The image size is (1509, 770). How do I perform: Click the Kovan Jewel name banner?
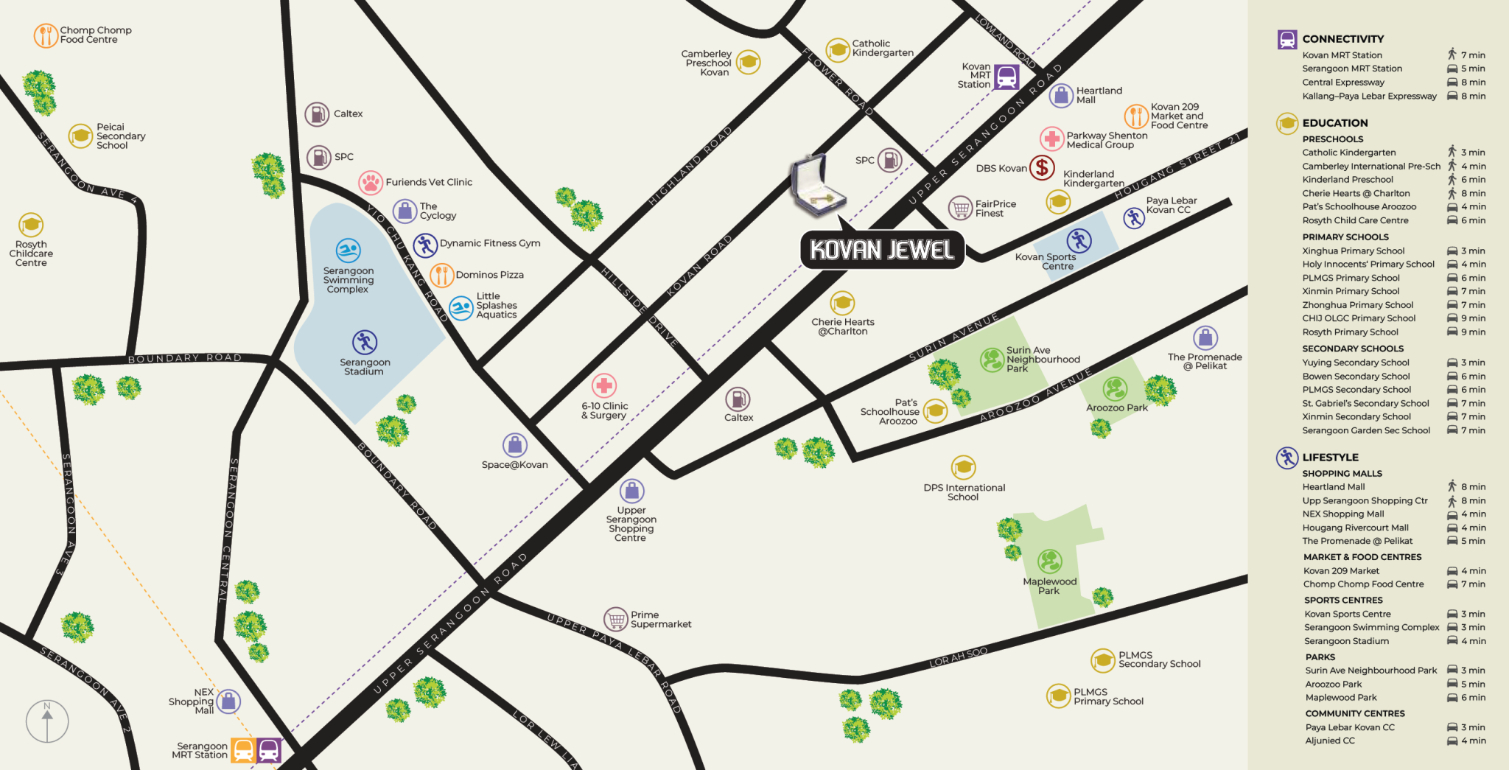coord(882,250)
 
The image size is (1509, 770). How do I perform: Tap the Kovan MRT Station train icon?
coord(1006,77)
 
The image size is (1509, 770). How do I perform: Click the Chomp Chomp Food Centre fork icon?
coord(46,35)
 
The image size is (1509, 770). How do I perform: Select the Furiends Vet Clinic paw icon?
coord(371,182)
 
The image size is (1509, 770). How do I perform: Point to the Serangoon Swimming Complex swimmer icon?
coord(348,251)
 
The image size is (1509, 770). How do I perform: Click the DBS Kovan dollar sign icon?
coord(1042,168)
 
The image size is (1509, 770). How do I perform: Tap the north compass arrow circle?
coord(47,721)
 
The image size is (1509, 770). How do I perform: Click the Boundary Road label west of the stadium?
coord(185,358)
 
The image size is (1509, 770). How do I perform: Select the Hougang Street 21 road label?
coord(1177,167)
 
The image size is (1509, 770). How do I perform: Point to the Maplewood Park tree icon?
coord(1049,561)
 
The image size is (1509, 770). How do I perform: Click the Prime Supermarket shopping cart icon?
coord(616,619)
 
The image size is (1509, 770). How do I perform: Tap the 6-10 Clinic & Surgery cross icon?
coord(604,385)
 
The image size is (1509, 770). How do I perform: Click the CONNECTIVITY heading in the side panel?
coord(1342,39)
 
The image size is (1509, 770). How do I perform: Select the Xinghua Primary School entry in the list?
coord(1353,251)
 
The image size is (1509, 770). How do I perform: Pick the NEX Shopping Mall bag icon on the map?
coord(228,701)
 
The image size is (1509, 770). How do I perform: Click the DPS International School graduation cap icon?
coord(963,467)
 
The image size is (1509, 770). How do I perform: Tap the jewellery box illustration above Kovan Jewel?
coord(816,187)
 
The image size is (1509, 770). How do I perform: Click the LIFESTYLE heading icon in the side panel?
coord(1287,458)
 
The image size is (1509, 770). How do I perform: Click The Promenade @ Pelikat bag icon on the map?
coord(1205,338)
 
